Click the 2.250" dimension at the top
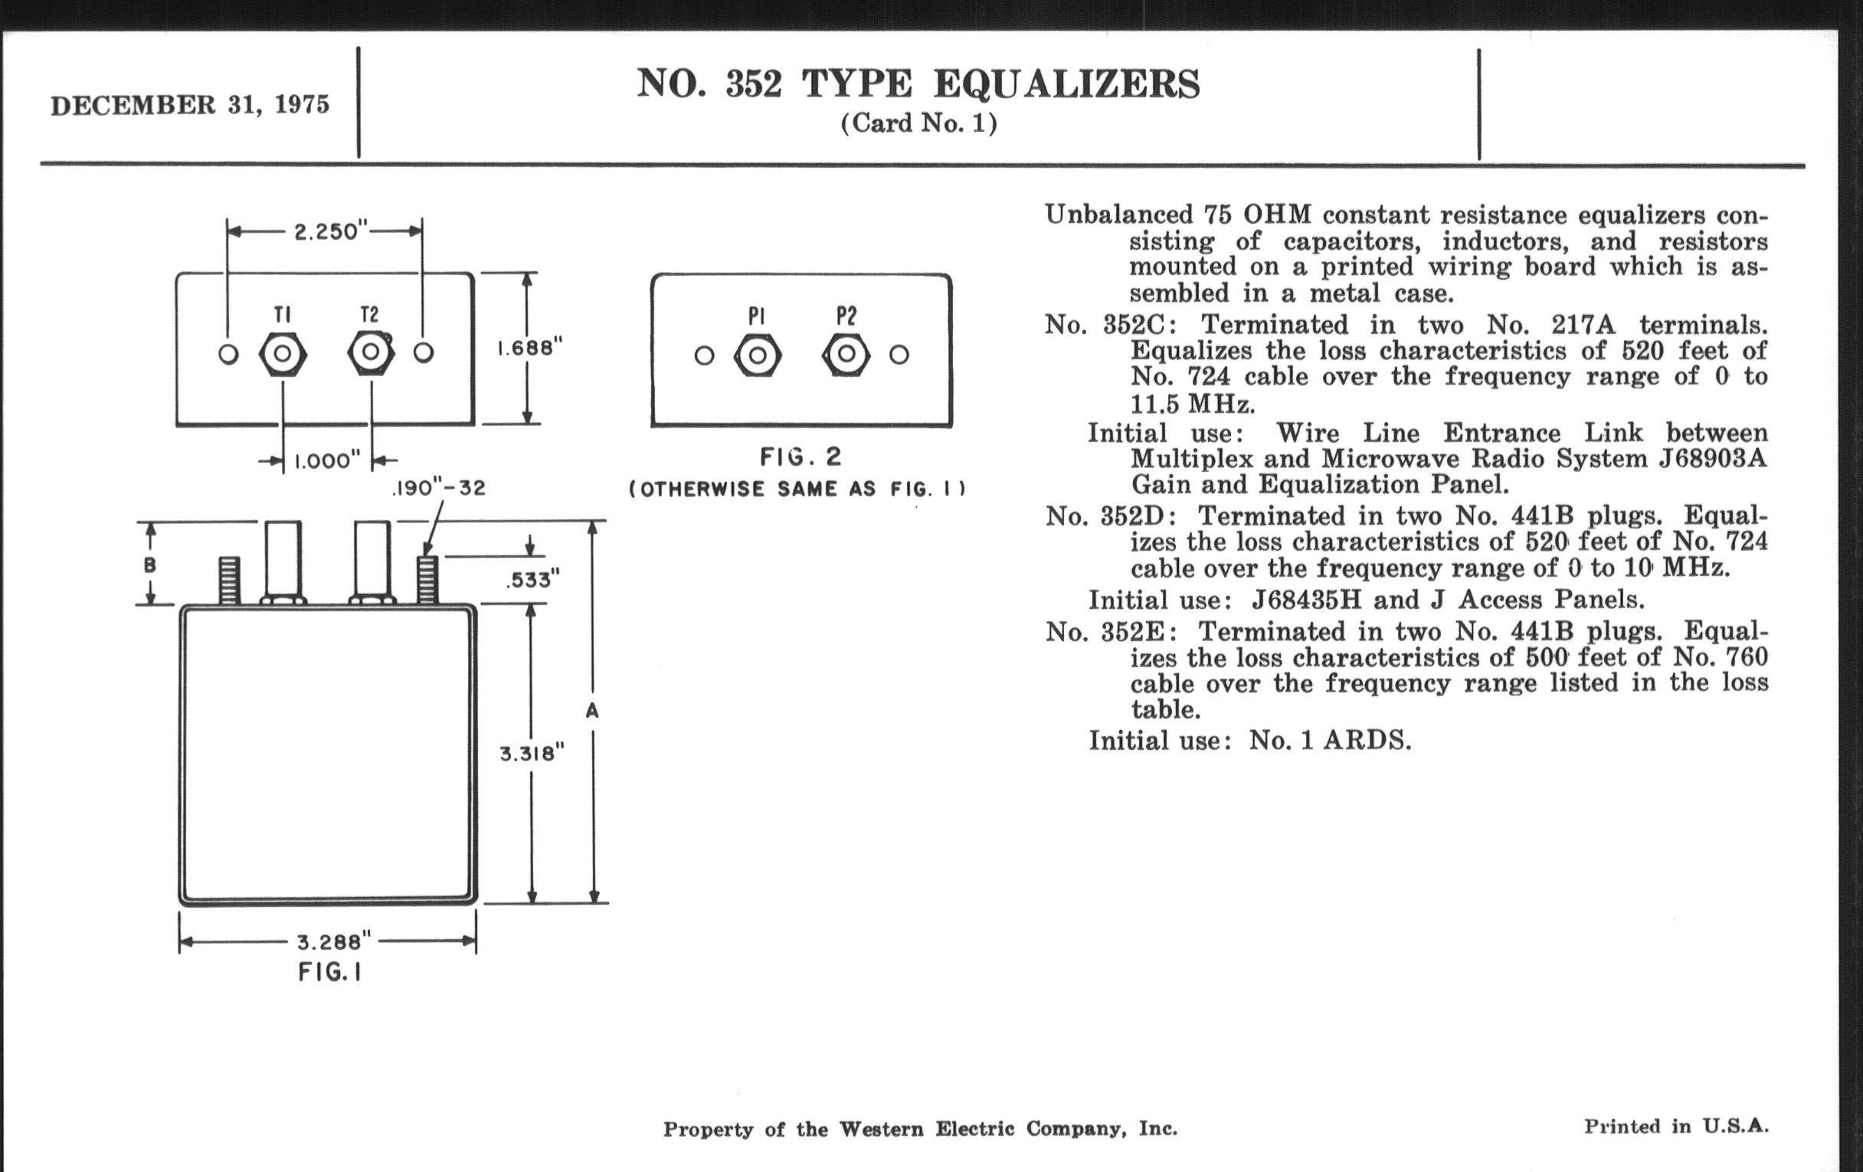coord(327,231)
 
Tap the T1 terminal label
coord(283,314)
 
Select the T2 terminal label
coord(370,314)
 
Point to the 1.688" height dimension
coord(529,348)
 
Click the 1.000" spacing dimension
coord(327,461)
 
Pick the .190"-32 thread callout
coord(439,488)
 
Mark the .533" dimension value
coord(533,579)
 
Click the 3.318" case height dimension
coord(532,753)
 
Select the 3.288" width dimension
coord(334,941)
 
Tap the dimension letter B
coord(150,565)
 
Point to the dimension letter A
coord(592,710)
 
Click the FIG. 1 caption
coord(329,971)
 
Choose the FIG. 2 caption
coord(801,457)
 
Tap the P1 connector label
coord(757,316)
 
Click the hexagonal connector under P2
coord(846,355)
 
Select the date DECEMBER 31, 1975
coord(190,104)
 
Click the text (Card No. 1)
coord(918,123)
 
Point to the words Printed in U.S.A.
coord(1676,1126)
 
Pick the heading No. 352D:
coord(1111,516)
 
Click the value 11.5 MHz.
coord(1192,403)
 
